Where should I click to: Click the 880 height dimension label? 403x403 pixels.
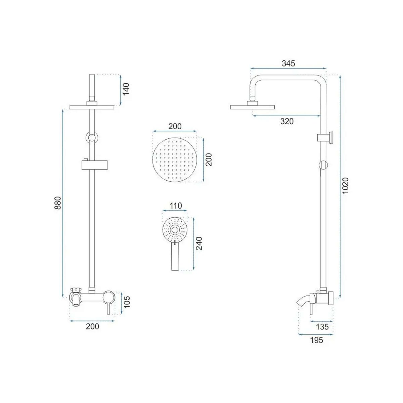(x=57, y=203)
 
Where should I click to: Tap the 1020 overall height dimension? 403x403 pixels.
(x=345, y=185)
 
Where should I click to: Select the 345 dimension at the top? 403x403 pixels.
(x=288, y=63)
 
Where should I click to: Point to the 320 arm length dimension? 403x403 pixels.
(x=287, y=121)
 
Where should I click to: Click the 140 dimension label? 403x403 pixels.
(x=126, y=89)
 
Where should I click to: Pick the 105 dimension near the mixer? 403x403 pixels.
(x=127, y=302)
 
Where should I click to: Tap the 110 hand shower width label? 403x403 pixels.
(x=176, y=206)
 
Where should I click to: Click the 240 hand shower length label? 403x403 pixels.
(x=199, y=243)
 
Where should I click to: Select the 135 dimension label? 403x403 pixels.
(x=322, y=327)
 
